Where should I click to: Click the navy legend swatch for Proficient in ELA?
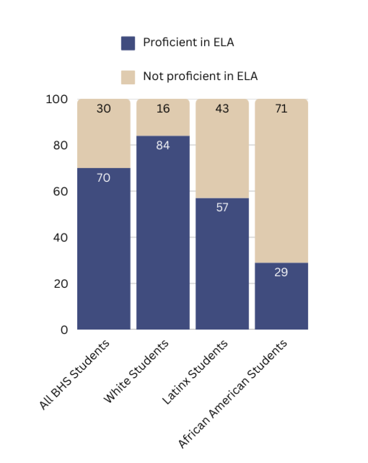tap(128, 43)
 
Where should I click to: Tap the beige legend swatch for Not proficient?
tap(128, 77)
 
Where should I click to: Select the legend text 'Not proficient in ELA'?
tap(200, 76)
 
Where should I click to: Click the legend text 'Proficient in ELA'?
tap(188, 42)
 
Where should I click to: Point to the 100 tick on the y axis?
tap(57, 99)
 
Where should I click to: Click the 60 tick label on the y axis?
tap(60, 191)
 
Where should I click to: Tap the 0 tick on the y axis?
tap(64, 330)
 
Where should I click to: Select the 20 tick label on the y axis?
tap(60, 284)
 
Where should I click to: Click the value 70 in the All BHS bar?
tap(103, 178)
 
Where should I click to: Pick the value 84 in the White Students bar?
tap(163, 145)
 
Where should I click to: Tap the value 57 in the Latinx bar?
tap(222, 207)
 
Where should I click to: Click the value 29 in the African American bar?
tap(281, 272)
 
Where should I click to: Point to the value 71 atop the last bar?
tap(281, 108)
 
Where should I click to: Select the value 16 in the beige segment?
tap(163, 108)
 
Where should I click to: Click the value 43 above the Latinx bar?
tap(222, 108)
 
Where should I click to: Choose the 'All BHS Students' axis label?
tap(75, 374)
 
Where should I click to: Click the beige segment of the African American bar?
tap(281, 187)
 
